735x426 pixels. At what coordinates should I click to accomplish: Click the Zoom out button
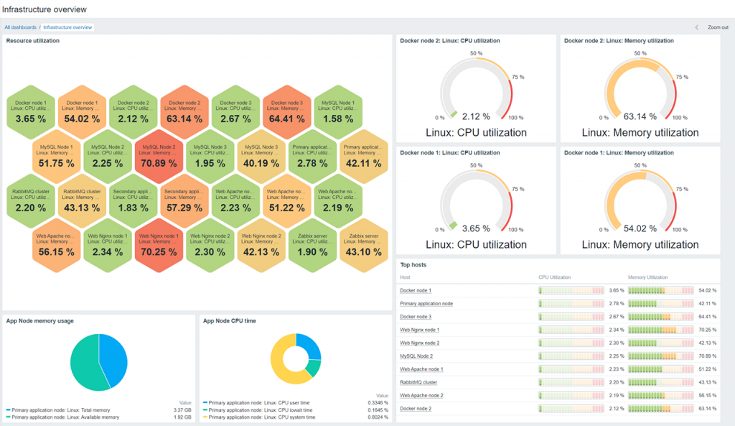(x=717, y=27)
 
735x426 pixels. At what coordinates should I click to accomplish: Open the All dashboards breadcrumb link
(x=20, y=27)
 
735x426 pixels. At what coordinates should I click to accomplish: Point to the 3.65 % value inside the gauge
(x=476, y=228)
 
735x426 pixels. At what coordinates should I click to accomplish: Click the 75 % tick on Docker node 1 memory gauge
(x=682, y=188)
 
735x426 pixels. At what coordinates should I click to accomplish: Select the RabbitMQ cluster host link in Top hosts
(x=418, y=381)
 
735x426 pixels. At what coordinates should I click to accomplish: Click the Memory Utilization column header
(x=647, y=277)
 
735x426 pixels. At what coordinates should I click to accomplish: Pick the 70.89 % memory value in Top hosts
(x=707, y=356)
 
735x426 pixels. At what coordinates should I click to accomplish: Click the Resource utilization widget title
(x=33, y=41)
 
